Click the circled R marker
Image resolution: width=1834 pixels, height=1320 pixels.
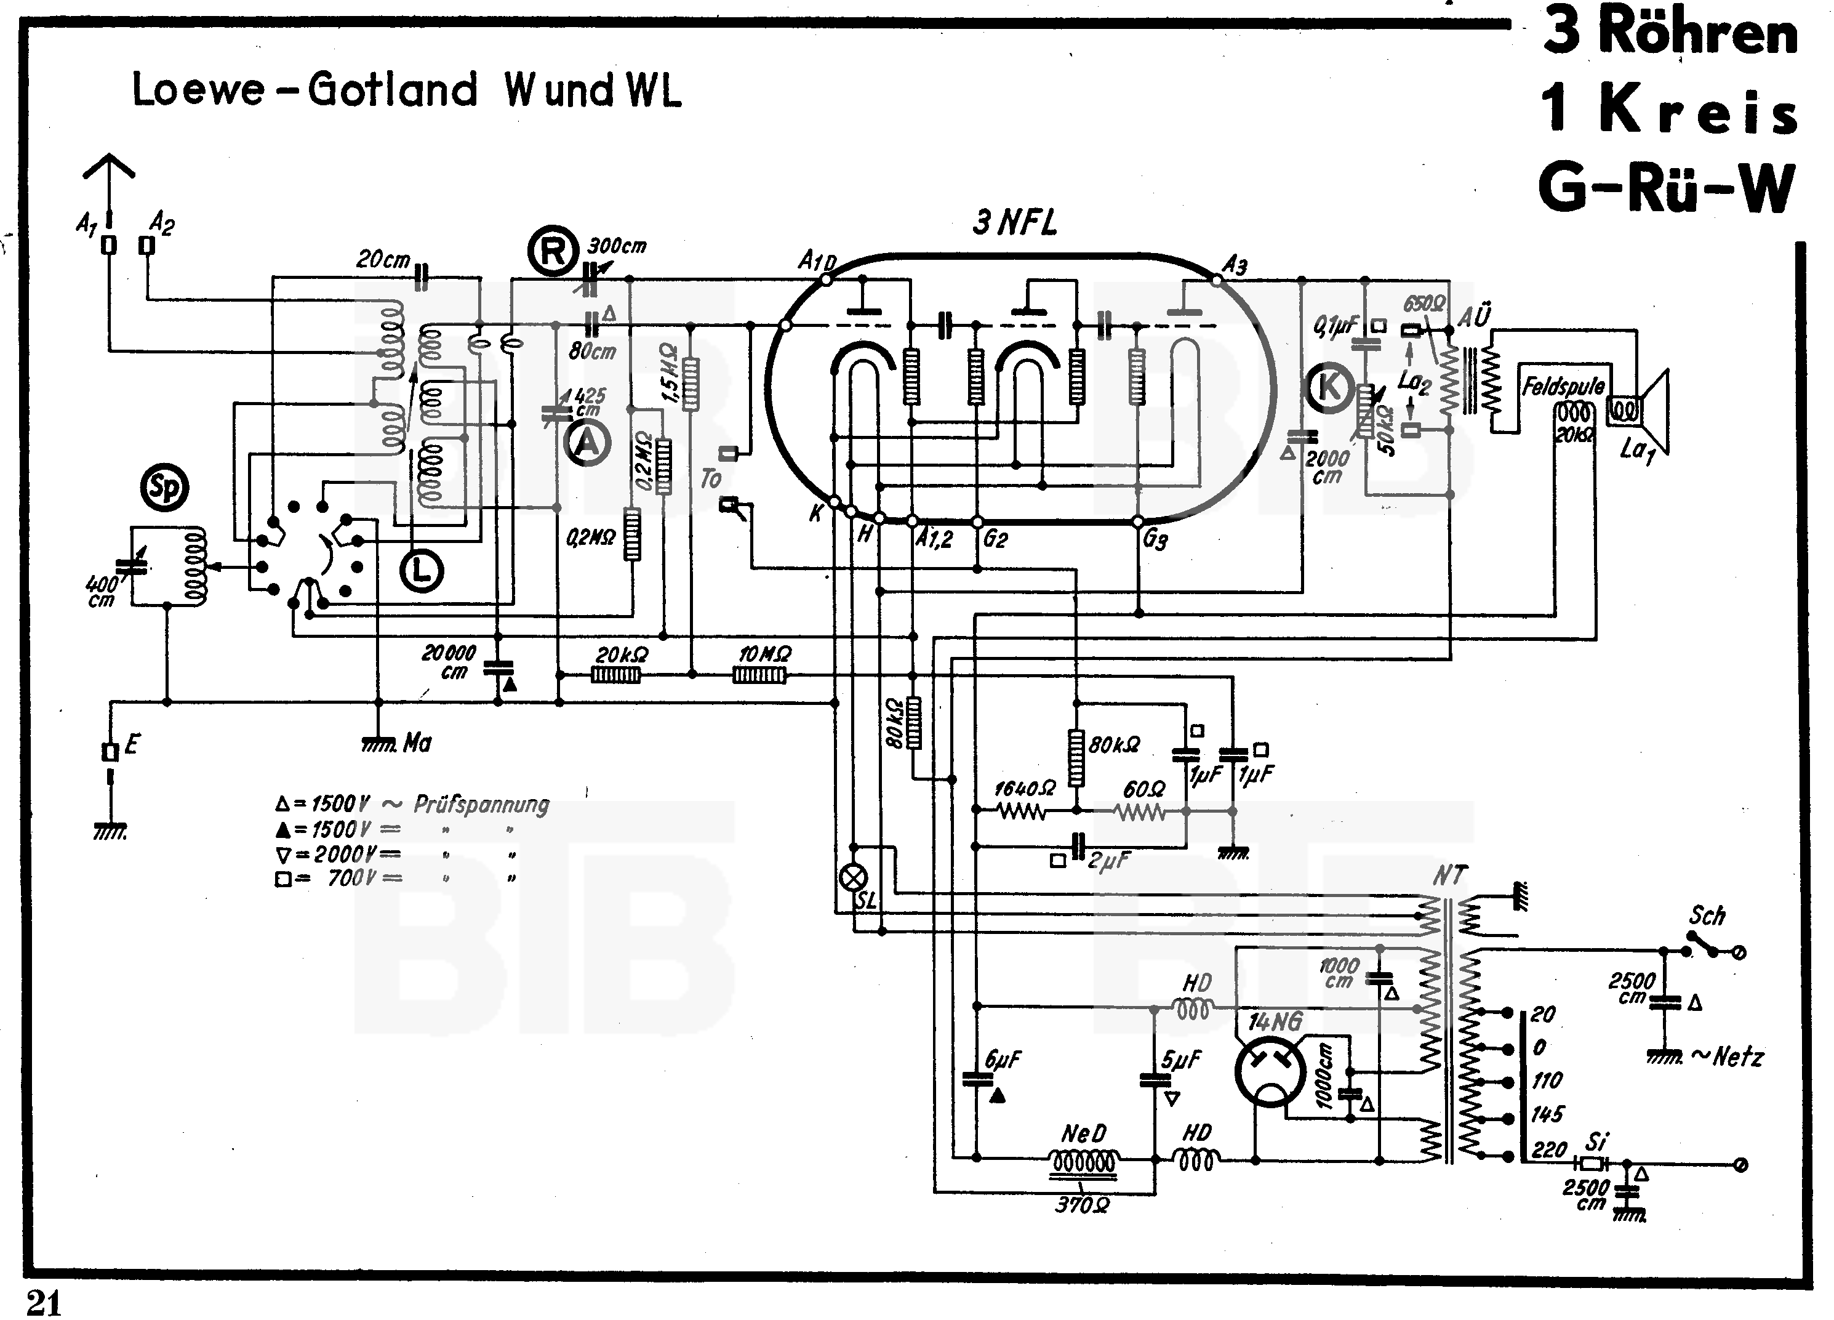(x=553, y=252)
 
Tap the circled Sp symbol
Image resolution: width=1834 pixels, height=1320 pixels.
(x=164, y=488)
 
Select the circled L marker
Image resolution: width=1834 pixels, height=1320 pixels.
(x=422, y=571)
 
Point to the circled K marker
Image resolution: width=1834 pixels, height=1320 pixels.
(x=1327, y=387)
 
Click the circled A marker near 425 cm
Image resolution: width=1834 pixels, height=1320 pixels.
(x=587, y=443)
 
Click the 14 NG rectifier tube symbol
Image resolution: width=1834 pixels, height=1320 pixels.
(x=1270, y=1072)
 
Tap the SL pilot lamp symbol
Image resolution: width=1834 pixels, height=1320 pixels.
(x=854, y=877)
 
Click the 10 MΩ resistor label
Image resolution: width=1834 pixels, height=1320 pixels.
(x=764, y=653)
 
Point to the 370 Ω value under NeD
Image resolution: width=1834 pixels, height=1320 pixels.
(x=1082, y=1205)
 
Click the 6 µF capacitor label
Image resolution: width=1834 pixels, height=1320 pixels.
(x=1003, y=1060)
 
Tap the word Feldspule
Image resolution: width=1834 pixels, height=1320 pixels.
(x=1563, y=387)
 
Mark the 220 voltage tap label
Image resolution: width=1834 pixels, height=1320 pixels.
(x=1548, y=1149)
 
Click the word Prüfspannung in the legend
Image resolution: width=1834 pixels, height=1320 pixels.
(x=481, y=804)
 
